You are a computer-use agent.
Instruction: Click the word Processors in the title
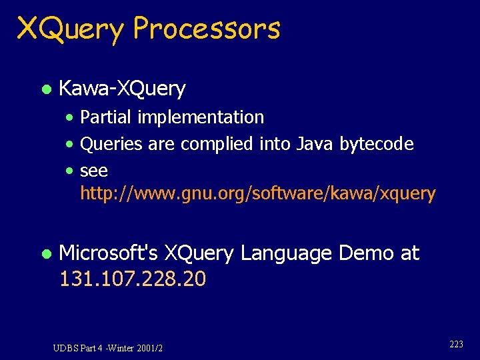tap(207, 29)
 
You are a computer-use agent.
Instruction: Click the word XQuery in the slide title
tap(71, 29)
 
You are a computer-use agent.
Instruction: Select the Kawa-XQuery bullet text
tap(122, 88)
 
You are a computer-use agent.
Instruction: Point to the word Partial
tap(107, 117)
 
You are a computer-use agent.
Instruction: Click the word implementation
tap(201, 117)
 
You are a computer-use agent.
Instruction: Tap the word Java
tap(313, 144)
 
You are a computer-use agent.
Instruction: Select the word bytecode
tap(377, 144)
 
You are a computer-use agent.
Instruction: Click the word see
tap(94, 171)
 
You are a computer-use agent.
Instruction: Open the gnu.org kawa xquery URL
tap(257, 194)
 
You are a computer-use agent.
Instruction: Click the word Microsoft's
tap(109, 253)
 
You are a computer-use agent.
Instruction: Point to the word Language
tap(286, 253)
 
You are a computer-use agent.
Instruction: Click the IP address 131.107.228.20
tap(133, 279)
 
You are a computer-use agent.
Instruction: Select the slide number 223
tap(457, 344)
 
